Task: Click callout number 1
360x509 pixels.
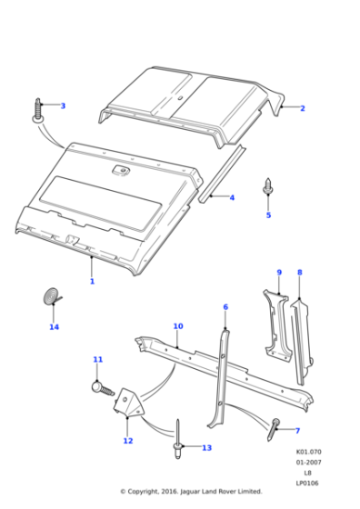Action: click(x=92, y=282)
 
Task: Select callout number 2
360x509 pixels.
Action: click(x=302, y=108)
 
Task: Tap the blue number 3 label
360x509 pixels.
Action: click(x=63, y=106)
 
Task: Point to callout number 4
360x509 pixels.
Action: click(x=232, y=197)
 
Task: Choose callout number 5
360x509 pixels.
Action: click(x=268, y=215)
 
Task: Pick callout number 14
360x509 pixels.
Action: click(x=54, y=327)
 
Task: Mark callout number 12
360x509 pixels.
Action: click(x=128, y=441)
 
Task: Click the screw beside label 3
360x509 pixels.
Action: click(x=40, y=110)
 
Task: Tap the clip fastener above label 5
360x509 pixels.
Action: click(x=268, y=186)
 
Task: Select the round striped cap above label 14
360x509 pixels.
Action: click(x=53, y=296)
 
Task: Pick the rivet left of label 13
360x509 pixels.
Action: click(x=180, y=436)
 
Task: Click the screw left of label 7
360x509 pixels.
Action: click(x=275, y=425)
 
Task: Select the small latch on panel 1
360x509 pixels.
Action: click(x=120, y=169)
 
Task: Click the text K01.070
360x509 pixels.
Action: click(x=307, y=452)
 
